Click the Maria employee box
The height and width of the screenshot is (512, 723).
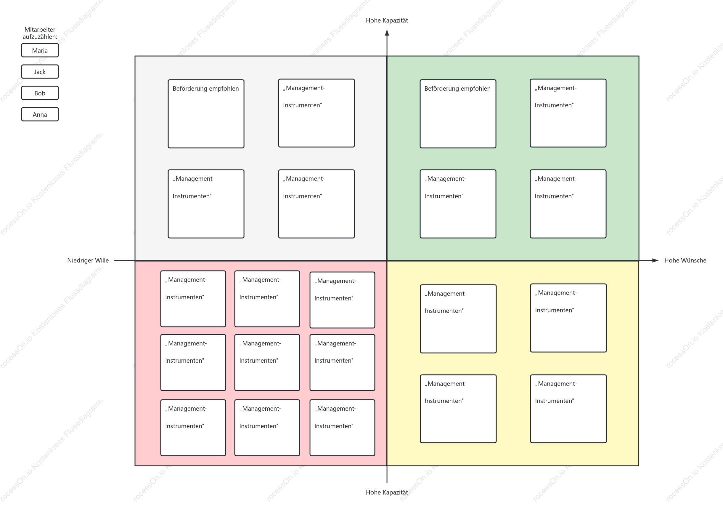click(x=40, y=50)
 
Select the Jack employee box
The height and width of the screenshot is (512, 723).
click(x=40, y=72)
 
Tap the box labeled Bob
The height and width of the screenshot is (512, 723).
click(x=40, y=93)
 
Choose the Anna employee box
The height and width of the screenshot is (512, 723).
click(x=40, y=114)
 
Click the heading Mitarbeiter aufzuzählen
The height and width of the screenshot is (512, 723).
click(x=40, y=33)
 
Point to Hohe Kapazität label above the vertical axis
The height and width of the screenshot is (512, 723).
click(x=387, y=20)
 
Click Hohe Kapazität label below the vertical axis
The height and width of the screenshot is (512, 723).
click(x=387, y=492)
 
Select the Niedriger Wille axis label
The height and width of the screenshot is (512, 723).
click(x=88, y=260)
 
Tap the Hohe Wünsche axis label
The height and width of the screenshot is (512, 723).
click(x=685, y=260)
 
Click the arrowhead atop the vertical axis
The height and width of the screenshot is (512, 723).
click(x=387, y=32)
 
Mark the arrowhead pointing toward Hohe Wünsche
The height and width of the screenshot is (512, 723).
click(x=655, y=260)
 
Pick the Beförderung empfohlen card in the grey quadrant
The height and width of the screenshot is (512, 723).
click(x=206, y=114)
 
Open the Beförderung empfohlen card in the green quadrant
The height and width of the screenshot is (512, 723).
click(x=458, y=114)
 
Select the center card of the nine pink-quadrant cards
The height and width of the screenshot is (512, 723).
click(x=267, y=363)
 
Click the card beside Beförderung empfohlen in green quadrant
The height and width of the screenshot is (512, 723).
click(x=568, y=113)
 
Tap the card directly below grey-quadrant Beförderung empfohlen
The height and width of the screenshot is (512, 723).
click(x=206, y=204)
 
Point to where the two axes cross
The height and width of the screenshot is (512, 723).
click(x=387, y=261)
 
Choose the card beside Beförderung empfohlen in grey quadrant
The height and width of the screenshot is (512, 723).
click(x=316, y=113)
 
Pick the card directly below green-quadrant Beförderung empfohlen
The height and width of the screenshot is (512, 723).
click(x=458, y=204)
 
